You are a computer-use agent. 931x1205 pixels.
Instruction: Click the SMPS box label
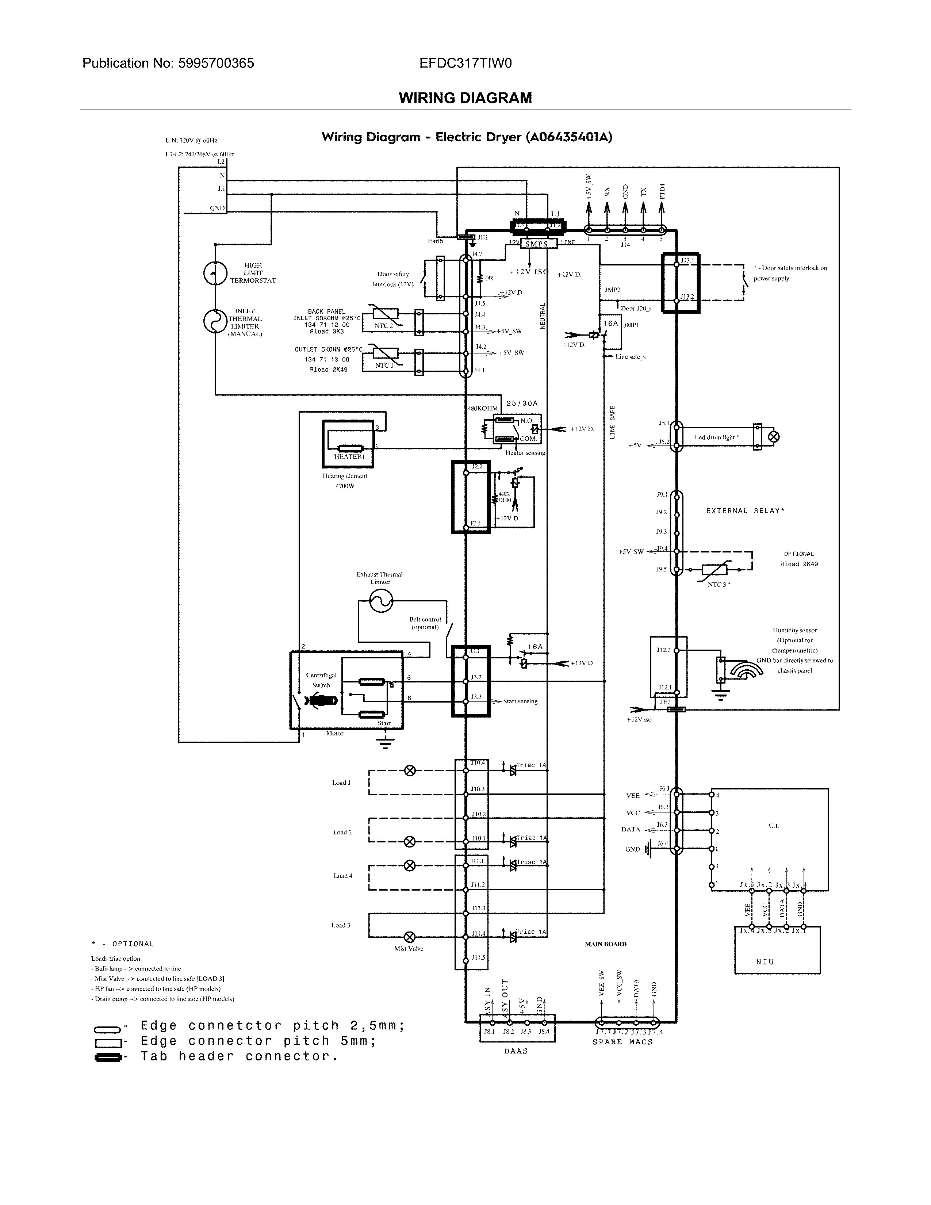coord(536,244)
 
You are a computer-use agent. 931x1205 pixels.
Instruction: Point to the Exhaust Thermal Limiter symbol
coord(380,600)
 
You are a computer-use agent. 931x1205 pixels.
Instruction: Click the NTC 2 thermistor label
coord(384,325)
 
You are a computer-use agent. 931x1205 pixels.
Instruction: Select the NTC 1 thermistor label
coord(384,365)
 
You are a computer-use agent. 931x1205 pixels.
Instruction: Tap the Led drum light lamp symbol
coord(774,437)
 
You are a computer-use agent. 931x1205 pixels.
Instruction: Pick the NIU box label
coord(765,962)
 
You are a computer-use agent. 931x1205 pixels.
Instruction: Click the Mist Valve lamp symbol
coord(410,936)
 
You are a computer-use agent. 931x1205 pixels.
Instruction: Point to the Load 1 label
coord(341,783)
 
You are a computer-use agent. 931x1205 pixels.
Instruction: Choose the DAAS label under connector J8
coord(516,1051)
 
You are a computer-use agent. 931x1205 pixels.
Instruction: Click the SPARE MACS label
coord(622,1042)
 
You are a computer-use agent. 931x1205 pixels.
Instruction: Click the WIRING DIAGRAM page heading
coord(465,98)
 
